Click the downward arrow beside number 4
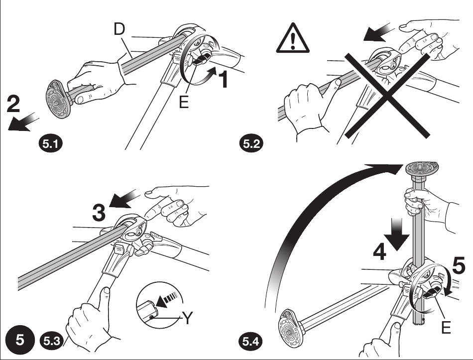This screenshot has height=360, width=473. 399,235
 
